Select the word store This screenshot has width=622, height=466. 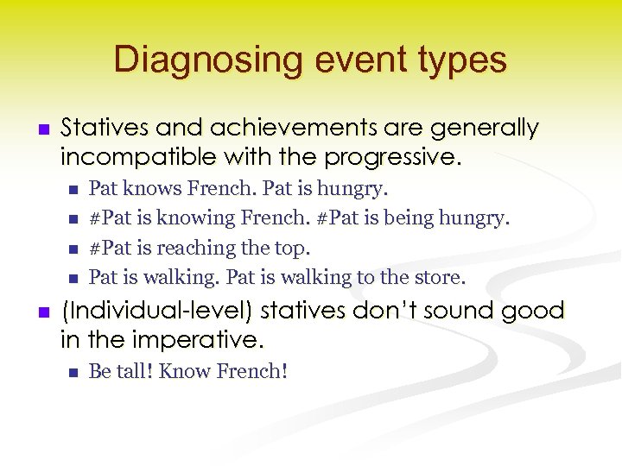[x=441, y=277]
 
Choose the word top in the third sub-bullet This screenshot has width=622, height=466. [x=293, y=248]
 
